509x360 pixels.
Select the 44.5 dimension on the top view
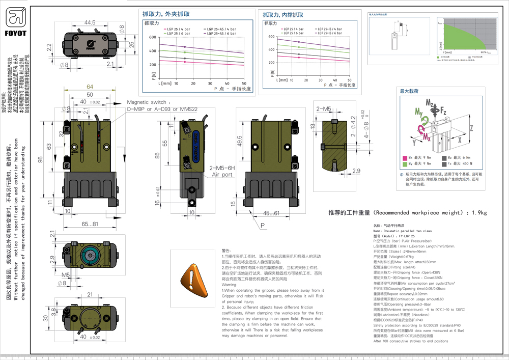(x=90, y=22)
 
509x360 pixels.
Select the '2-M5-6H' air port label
(x=221, y=168)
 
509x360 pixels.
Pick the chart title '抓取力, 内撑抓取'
(x=286, y=15)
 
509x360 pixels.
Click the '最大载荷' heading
(x=409, y=91)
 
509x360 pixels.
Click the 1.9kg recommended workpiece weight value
(x=479, y=213)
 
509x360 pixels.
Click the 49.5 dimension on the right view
(x=239, y=141)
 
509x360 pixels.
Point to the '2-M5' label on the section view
(x=324, y=108)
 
